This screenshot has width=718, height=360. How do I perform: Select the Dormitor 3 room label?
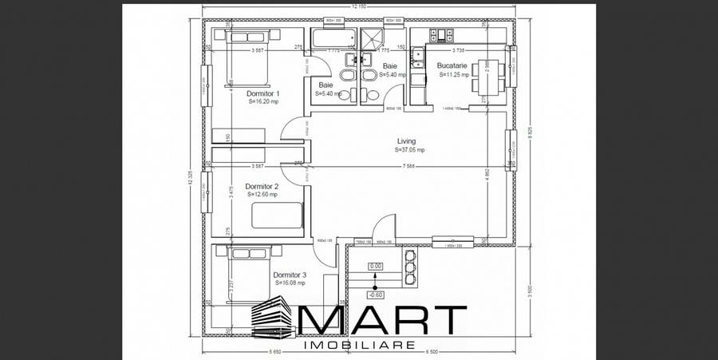coord(289,275)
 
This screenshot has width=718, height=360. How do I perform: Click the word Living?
coord(406,141)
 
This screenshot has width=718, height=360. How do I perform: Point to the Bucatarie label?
coord(453,66)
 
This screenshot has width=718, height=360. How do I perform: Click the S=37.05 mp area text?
coord(409,149)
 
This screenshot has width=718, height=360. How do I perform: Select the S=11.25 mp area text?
coord(454,74)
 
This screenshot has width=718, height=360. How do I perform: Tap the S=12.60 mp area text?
coord(262,194)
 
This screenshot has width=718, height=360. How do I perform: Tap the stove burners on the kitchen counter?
coord(441,34)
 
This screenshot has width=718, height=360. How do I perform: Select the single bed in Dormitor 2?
coord(277,216)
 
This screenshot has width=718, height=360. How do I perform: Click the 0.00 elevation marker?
coord(376,267)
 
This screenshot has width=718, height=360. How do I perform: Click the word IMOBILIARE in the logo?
coord(360,346)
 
